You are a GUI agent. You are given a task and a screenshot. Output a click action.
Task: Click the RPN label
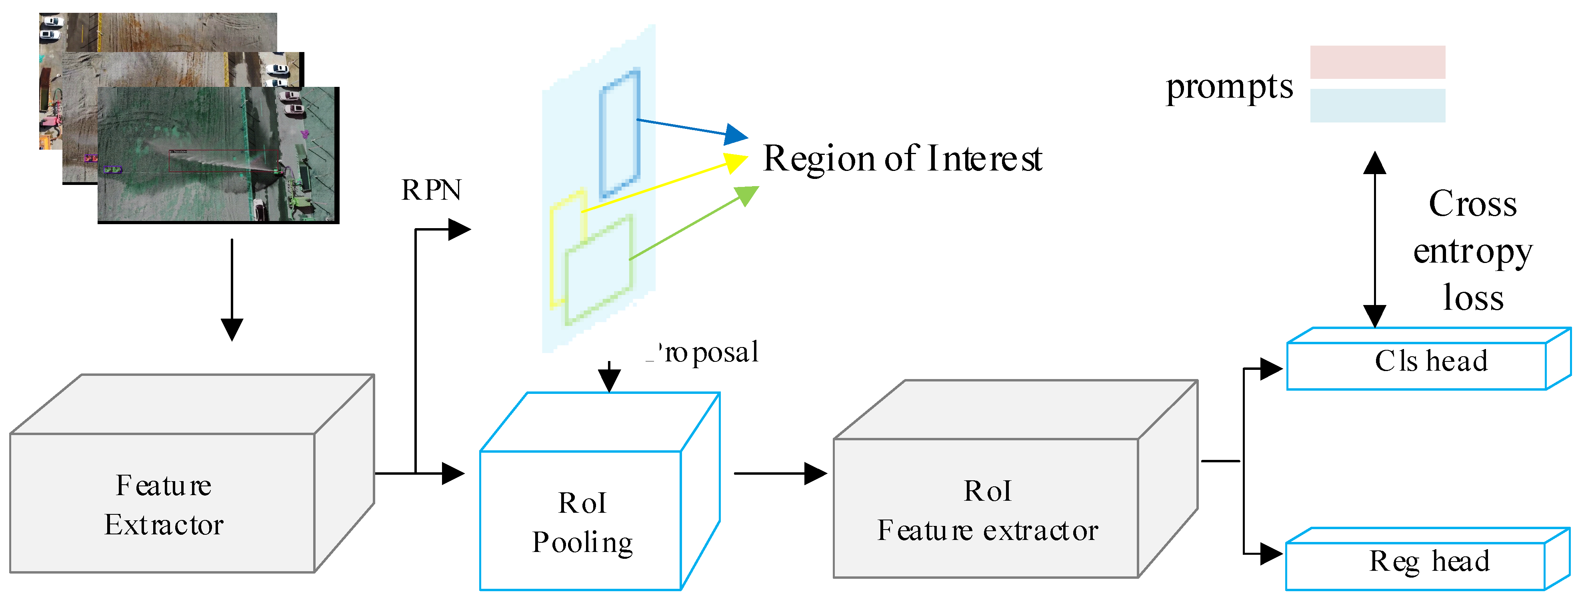point(431,190)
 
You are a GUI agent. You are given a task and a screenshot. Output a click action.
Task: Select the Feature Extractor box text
point(164,505)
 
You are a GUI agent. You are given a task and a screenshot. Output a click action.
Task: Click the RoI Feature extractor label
point(987,511)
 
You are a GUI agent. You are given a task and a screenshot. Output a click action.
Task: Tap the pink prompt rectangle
point(1377,62)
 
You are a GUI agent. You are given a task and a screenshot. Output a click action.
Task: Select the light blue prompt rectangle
point(1377,105)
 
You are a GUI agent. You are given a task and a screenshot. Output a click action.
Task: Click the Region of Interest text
point(902,159)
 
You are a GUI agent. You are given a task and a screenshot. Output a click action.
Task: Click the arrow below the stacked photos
point(232,289)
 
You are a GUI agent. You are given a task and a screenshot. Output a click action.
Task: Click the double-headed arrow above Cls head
point(1374,240)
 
